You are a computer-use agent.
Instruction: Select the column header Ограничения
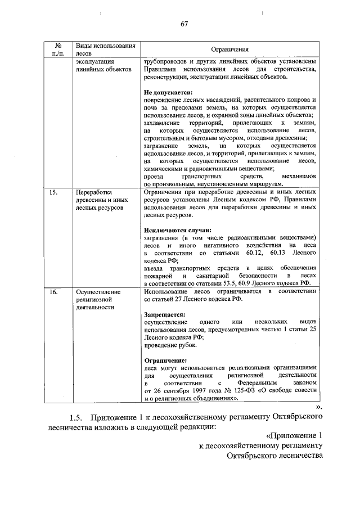230,49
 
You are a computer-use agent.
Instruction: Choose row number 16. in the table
54,292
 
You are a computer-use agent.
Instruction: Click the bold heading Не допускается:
168,92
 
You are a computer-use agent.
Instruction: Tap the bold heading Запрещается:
164,316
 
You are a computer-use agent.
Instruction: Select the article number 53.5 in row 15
226,284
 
